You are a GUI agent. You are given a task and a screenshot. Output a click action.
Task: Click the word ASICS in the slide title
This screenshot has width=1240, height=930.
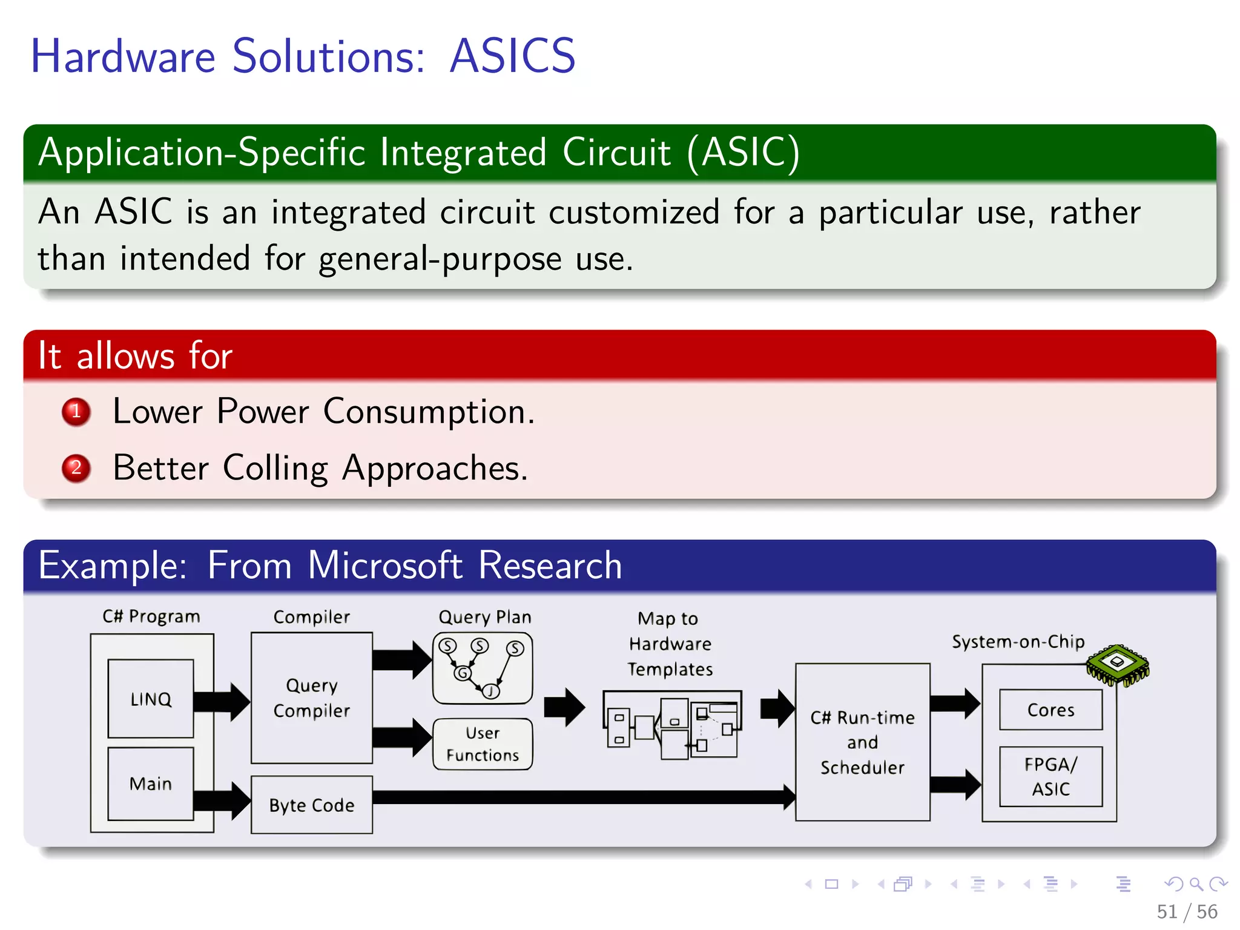coord(512,56)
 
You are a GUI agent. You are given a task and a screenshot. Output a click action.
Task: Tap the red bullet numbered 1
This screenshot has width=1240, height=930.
coord(76,412)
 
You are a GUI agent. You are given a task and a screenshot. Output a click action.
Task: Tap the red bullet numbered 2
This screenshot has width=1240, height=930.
coord(76,468)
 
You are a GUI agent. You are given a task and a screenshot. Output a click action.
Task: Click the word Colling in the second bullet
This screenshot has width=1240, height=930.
coord(275,468)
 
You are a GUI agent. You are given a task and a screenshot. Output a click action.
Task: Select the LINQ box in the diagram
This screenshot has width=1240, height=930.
coord(151,699)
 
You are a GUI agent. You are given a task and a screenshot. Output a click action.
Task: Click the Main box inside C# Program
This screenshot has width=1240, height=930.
coord(151,783)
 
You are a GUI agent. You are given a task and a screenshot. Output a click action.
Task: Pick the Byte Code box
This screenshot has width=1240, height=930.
coord(312,805)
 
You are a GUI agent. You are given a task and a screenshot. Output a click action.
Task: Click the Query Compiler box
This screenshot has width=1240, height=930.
coord(312,697)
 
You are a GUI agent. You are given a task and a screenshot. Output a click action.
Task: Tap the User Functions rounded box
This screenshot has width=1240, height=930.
coord(483,744)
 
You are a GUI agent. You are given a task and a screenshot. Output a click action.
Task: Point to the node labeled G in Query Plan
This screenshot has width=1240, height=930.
coord(463,673)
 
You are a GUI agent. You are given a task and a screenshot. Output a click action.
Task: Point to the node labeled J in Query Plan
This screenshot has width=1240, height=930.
coord(491,691)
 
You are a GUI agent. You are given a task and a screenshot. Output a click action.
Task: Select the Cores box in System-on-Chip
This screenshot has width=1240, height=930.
coord(1050,710)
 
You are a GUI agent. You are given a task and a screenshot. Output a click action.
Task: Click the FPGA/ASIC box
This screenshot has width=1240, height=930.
coord(1050,776)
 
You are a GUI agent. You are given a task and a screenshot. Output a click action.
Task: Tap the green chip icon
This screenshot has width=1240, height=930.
coord(1118,664)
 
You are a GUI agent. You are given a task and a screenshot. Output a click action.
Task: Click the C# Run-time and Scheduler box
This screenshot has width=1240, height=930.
coord(862,742)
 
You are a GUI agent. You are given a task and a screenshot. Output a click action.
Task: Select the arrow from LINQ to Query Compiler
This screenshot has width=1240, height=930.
coord(222,701)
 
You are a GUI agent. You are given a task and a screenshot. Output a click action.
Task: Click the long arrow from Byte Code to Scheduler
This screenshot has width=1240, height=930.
coord(581,797)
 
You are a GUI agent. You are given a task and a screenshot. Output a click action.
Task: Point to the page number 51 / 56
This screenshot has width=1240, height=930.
coord(1187,911)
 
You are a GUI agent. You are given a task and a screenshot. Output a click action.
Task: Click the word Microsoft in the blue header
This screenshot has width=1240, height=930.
coord(385,566)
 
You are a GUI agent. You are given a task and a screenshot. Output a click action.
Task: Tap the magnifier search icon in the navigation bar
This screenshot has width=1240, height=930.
coord(1196,884)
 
